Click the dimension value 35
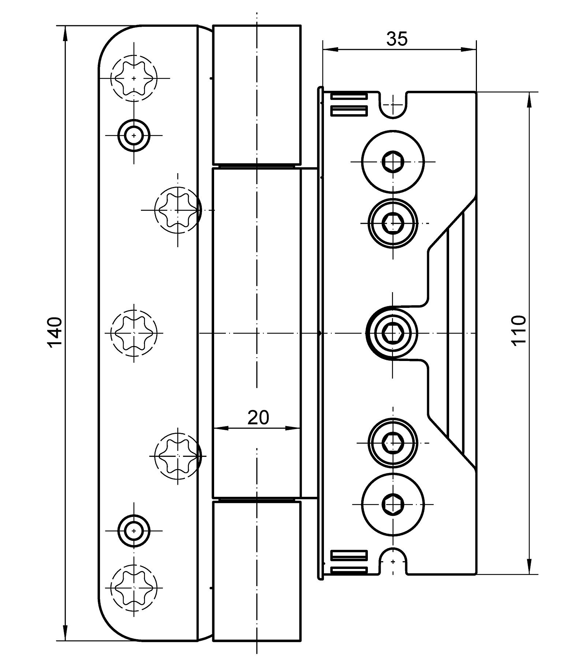pyautogui.click(x=397, y=39)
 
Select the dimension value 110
pyautogui.click(x=519, y=330)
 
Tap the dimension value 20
pyautogui.click(x=258, y=417)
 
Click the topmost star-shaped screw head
pyautogui.click(x=134, y=78)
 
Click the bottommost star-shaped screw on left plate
pyautogui.click(x=134, y=587)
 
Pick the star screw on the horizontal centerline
pyautogui.click(x=134, y=333)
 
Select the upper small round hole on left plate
pyautogui.click(x=134, y=136)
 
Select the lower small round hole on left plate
pyautogui.click(x=134, y=530)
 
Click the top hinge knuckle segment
pyautogui.click(x=257, y=94)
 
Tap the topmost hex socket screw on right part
pyautogui.click(x=393, y=161)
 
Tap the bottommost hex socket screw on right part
pyautogui.click(x=393, y=505)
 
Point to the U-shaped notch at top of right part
pyautogui.click(x=393, y=106)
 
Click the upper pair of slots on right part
pyautogui.click(x=349, y=104)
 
